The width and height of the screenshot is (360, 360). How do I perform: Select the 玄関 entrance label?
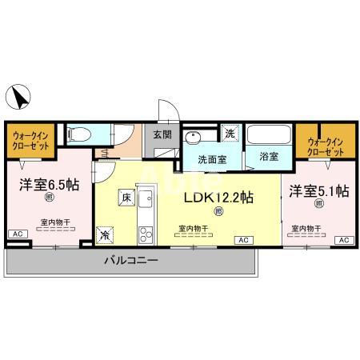coord(162,134)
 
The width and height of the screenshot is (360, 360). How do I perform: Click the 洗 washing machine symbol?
coord(229,133)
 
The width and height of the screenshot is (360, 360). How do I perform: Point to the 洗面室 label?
coord(213,158)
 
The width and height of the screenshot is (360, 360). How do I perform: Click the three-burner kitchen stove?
coord(144,234)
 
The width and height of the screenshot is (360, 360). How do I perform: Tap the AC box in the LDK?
coord(242,240)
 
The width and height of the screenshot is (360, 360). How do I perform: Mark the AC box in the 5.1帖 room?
coord(343,240)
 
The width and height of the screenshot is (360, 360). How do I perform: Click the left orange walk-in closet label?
coord(30,142)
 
